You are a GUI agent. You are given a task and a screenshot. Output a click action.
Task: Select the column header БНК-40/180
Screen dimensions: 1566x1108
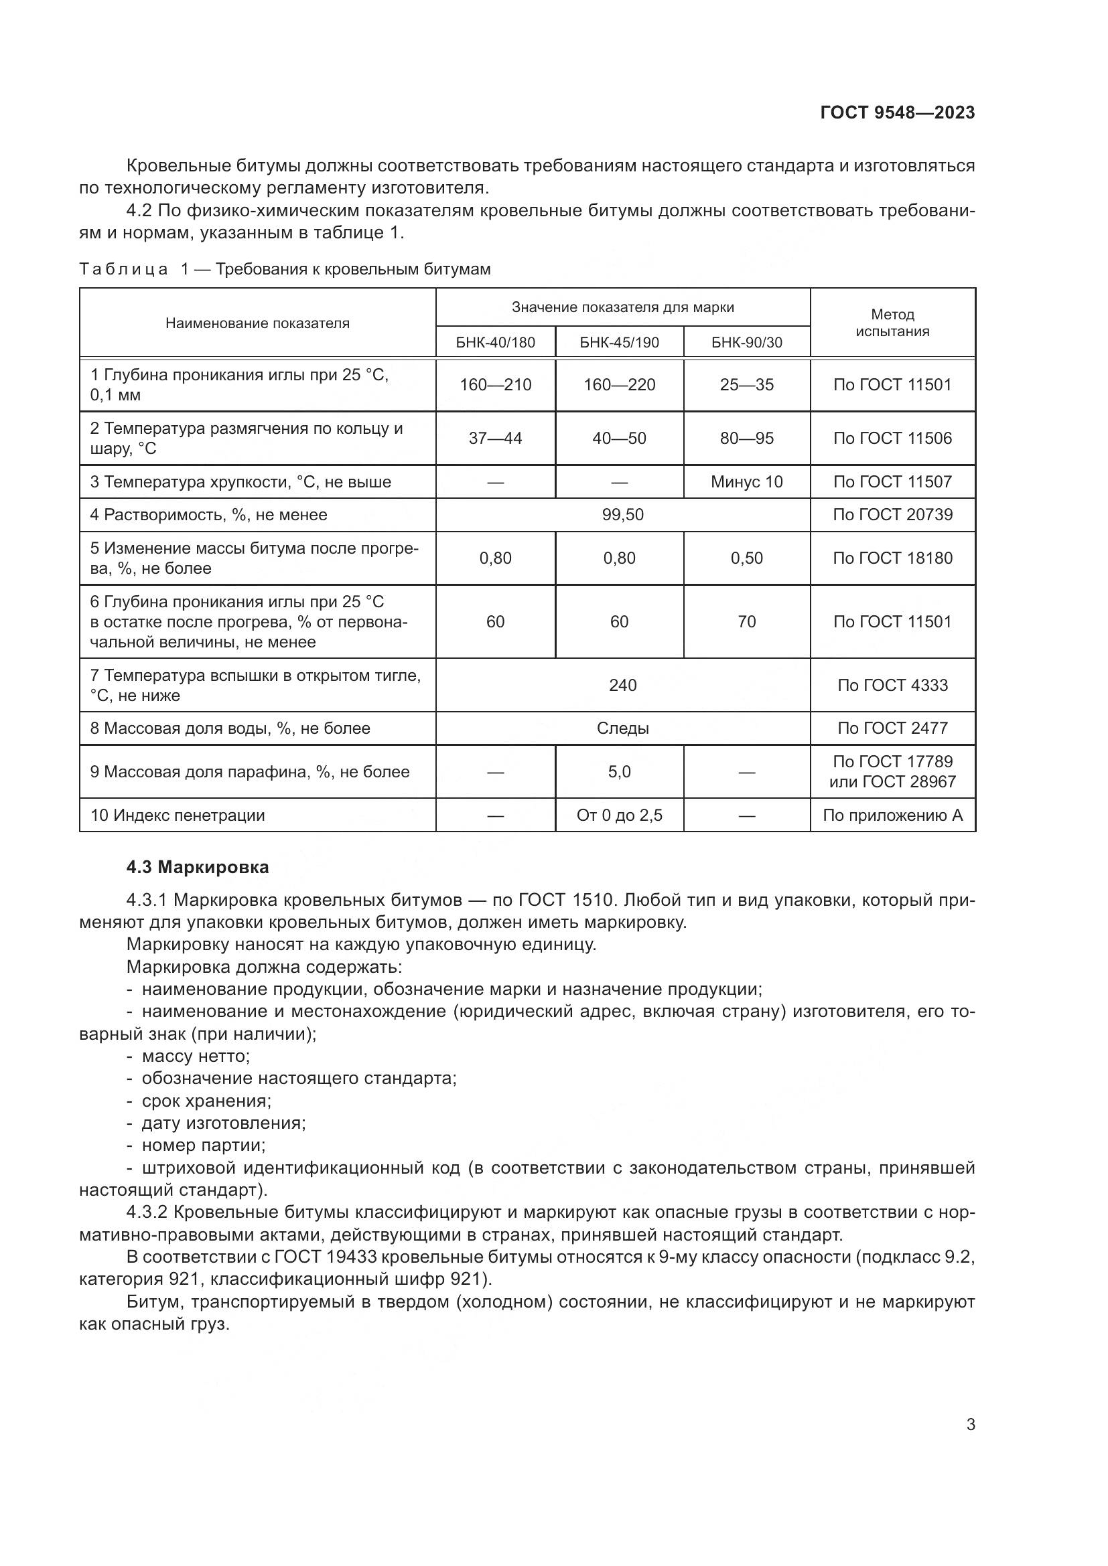coord(495,342)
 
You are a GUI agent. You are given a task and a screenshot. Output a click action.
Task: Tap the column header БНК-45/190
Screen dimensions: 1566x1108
coord(619,342)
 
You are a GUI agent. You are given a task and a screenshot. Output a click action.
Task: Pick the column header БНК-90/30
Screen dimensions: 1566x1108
coord(746,342)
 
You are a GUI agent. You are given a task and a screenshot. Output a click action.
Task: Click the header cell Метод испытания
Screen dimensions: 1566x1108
coord(892,323)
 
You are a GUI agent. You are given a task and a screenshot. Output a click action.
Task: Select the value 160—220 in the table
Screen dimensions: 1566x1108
coord(619,385)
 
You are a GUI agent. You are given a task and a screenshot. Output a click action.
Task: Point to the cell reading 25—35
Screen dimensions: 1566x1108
coord(746,385)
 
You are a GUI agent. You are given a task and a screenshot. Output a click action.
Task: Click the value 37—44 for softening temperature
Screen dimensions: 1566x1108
coord(495,438)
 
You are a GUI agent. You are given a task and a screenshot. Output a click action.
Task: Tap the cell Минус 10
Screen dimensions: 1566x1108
coord(746,481)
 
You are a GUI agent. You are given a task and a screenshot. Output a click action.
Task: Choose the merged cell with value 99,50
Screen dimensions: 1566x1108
coord(622,514)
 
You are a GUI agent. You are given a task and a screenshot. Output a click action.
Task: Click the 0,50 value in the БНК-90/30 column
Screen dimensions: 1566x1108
coord(746,558)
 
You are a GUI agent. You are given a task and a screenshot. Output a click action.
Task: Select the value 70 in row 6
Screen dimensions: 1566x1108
coord(746,621)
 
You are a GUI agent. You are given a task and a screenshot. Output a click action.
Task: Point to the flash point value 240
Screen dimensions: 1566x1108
coord(622,685)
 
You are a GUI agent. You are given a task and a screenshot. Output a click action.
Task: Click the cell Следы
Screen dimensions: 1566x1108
coord(622,728)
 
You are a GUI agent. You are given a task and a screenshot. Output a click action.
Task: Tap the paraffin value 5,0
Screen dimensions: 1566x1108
coord(619,771)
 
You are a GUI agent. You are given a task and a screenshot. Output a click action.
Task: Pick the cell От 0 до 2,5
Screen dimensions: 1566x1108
coord(619,815)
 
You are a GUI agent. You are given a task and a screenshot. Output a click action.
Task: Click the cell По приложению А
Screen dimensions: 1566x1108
coord(892,815)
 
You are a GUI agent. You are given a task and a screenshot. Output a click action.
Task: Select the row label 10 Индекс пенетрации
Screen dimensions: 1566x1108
coord(178,815)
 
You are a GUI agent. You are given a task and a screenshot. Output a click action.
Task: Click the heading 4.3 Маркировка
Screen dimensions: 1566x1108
coord(197,867)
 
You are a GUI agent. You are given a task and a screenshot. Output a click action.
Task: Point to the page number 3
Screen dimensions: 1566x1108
coord(970,1424)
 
